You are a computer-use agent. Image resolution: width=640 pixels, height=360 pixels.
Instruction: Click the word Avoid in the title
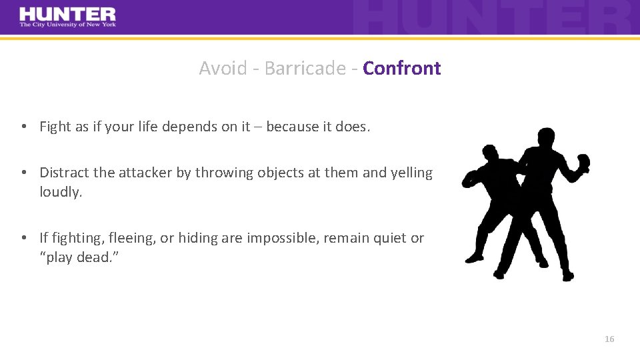pyautogui.click(x=222, y=68)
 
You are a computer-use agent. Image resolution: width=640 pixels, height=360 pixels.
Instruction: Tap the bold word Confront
pyautogui.click(x=402, y=68)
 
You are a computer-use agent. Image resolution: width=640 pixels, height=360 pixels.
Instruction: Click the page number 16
pyautogui.click(x=609, y=339)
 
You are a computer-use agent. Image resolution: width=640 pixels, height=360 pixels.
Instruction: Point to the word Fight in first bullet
pyautogui.click(x=55, y=127)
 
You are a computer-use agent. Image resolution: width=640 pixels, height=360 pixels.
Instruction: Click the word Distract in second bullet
pyautogui.click(x=65, y=173)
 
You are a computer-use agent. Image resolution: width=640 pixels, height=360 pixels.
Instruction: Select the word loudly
pyautogui.click(x=60, y=192)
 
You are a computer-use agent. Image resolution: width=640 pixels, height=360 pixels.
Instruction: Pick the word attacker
pyautogui.click(x=145, y=173)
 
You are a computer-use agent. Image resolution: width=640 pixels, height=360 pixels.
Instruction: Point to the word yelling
pyautogui.click(x=411, y=173)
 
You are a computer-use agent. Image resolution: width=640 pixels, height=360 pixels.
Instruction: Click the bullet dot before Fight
pyautogui.click(x=23, y=127)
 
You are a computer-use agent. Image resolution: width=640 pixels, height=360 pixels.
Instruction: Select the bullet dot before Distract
pyautogui.click(x=23, y=173)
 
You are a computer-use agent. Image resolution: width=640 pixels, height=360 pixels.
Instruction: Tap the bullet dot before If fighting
pyautogui.click(x=23, y=238)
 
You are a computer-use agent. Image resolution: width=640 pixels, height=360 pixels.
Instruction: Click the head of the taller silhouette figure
pyautogui.click(x=545, y=138)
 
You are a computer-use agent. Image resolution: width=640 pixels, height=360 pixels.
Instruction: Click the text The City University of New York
pyautogui.click(x=67, y=25)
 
